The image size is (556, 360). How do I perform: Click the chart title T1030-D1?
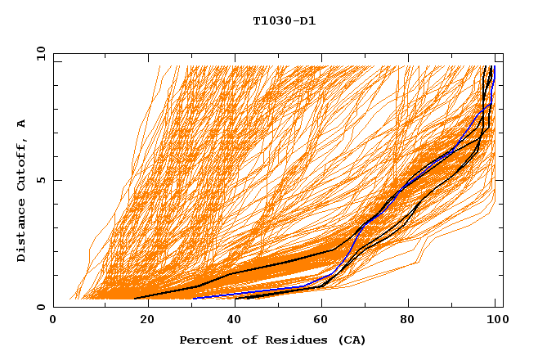(x=284, y=21)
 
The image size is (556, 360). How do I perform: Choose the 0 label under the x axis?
(x=53, y=321)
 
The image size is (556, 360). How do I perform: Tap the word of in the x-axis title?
(x=244, y=340)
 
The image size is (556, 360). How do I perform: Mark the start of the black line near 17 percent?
(x=135, y=299)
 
